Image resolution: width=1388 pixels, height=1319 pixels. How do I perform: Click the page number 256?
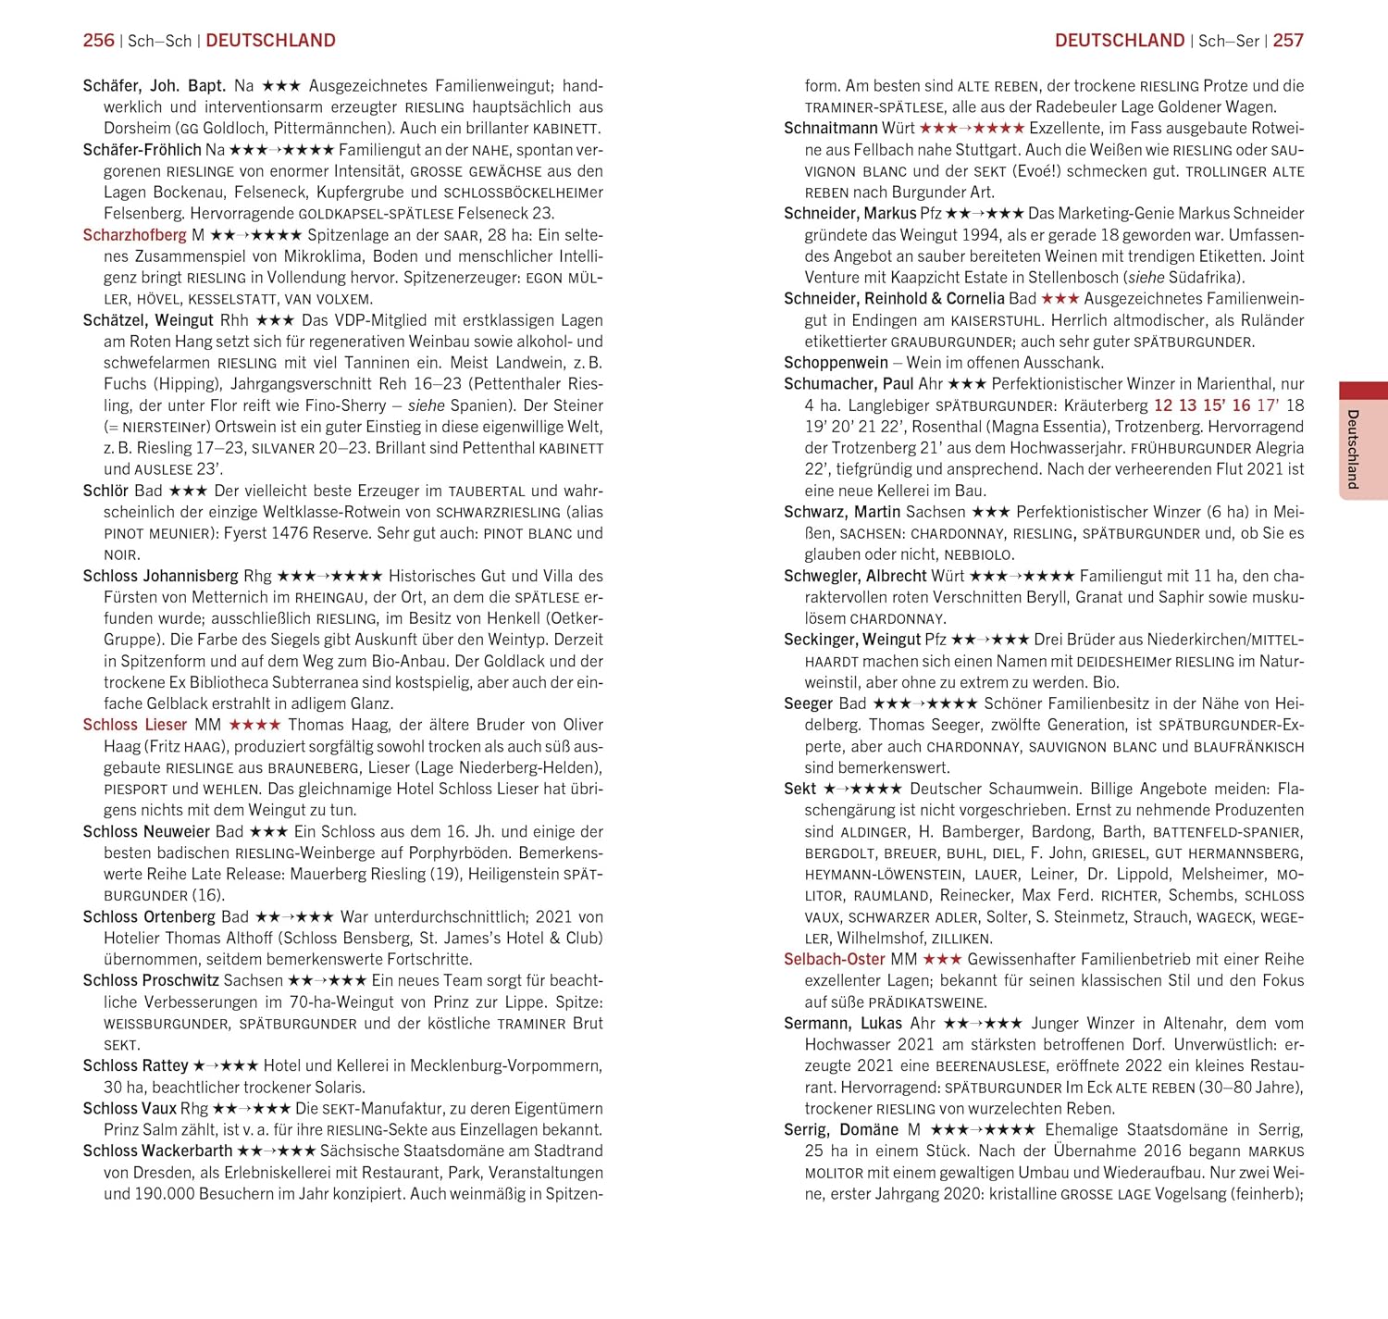pos(98,41)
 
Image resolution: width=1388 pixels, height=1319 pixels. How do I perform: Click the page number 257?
pos(1288,41)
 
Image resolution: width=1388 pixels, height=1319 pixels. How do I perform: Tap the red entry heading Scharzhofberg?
pos(134,235)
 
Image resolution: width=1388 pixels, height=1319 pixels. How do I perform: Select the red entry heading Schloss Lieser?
pos(134,725)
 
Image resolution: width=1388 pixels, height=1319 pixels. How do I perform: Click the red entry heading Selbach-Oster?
pos(834,959)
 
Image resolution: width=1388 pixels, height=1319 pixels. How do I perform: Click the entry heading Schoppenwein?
pos(836,363)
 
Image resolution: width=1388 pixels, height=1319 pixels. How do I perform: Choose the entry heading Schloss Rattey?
pos(135,1065)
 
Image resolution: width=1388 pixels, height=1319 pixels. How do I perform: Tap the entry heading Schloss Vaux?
pos(130,1108)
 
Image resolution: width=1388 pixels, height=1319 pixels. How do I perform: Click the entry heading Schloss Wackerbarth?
pos(157,1151)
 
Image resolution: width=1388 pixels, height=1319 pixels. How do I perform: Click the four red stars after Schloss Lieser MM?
pos(254,725)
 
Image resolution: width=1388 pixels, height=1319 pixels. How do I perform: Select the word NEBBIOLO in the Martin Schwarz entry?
pos(979,555)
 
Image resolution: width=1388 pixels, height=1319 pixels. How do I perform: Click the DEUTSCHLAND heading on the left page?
pos(270,41)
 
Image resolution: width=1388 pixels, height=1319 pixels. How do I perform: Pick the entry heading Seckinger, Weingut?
pos(852,640)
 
